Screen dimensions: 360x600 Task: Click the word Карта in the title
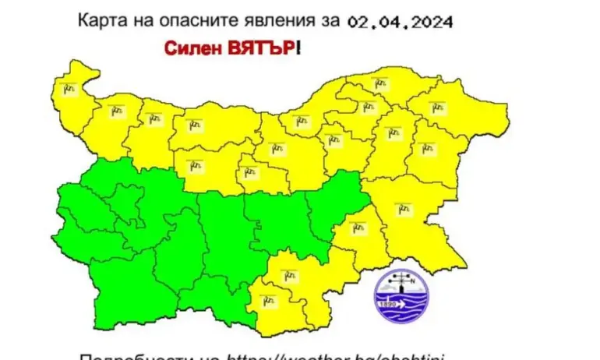[97, 19]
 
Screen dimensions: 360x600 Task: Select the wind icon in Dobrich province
[436, 106]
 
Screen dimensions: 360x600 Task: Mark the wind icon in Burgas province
[402, 208]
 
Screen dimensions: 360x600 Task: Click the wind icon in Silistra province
[380, 82]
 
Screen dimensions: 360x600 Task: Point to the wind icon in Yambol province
[358, 228]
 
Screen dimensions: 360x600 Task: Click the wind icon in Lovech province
[196, 164]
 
